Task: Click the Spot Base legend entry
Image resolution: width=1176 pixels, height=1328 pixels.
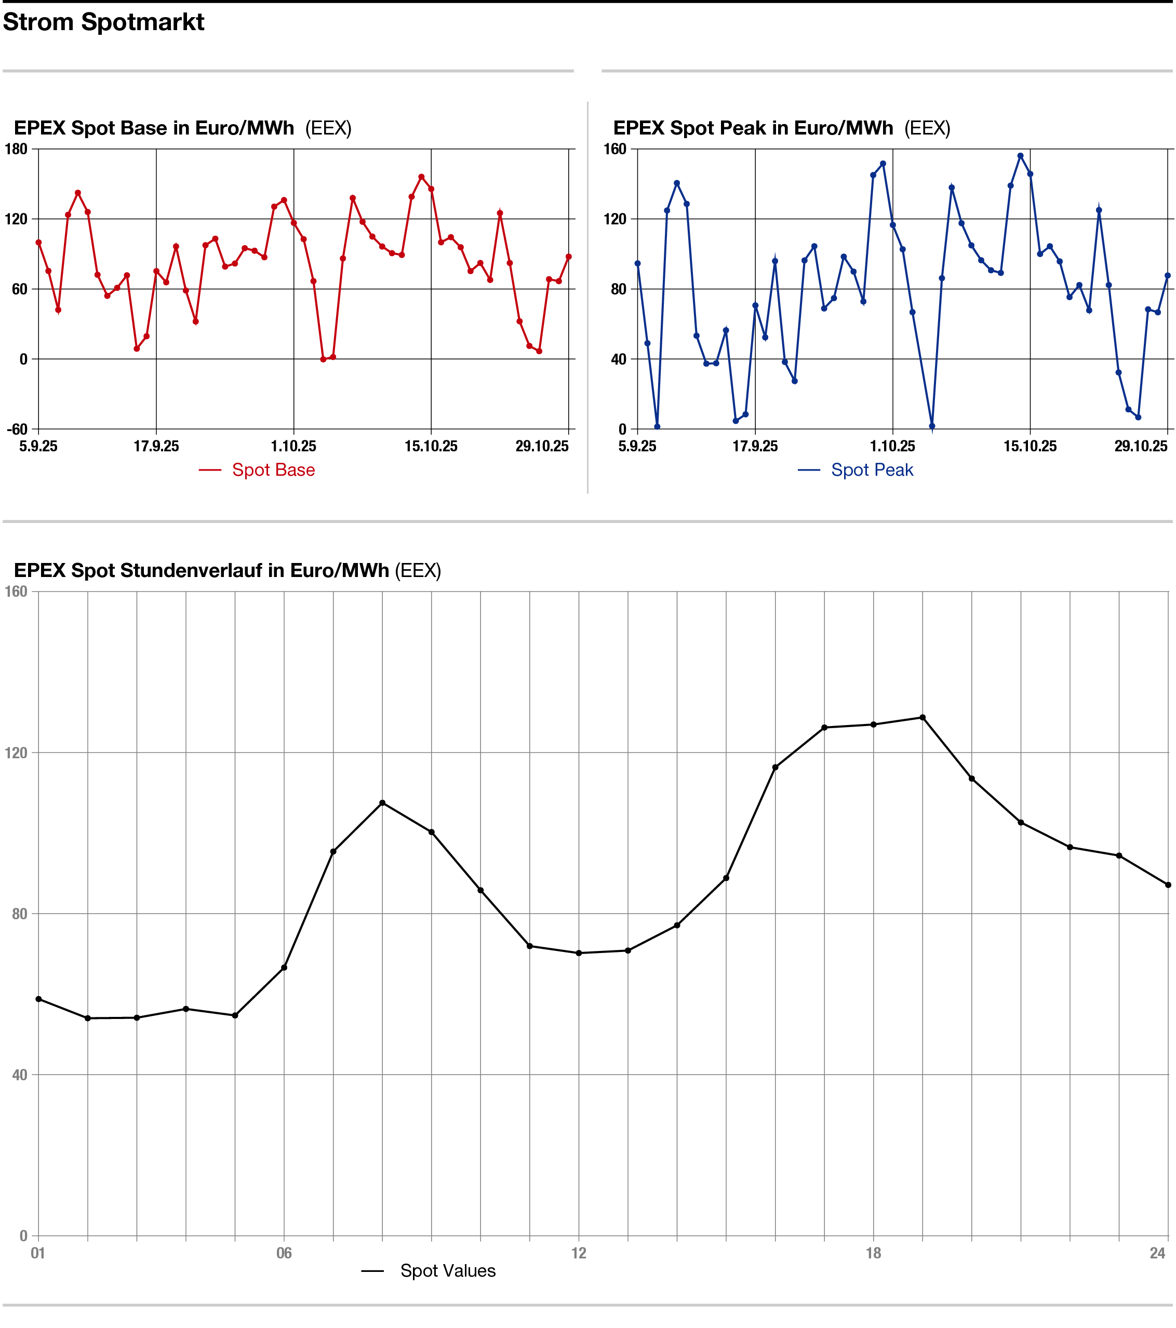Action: point(273,470)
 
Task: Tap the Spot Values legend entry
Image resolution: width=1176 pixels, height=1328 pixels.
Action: point(447,1270)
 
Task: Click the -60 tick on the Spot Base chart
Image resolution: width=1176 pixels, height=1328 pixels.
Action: point(18,430)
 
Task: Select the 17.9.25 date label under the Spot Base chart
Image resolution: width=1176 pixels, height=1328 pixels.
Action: point(156,446)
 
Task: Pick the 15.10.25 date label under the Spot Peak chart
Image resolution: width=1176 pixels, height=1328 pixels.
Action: point(1030,446)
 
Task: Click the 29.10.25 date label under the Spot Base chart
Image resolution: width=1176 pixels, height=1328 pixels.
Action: point(542,446)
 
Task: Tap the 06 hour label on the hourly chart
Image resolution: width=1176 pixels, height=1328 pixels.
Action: point(284,1253)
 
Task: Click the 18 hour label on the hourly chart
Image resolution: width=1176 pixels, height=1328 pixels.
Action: point(873,1253)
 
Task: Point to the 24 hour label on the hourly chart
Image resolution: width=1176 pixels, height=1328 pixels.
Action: point(1157,1253)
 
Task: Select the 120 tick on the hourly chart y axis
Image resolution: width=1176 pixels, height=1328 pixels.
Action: point(16,753)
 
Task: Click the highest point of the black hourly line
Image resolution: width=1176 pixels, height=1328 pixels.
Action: point(923,717)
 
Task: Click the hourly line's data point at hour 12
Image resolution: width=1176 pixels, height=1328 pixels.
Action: point(579,953)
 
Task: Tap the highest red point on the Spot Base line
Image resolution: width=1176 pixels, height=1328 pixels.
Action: point(421,177)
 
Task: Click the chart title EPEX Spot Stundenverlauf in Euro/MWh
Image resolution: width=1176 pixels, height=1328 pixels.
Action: point(202,570)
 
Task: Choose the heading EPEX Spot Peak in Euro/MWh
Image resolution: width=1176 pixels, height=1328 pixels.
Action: point(753,128)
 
